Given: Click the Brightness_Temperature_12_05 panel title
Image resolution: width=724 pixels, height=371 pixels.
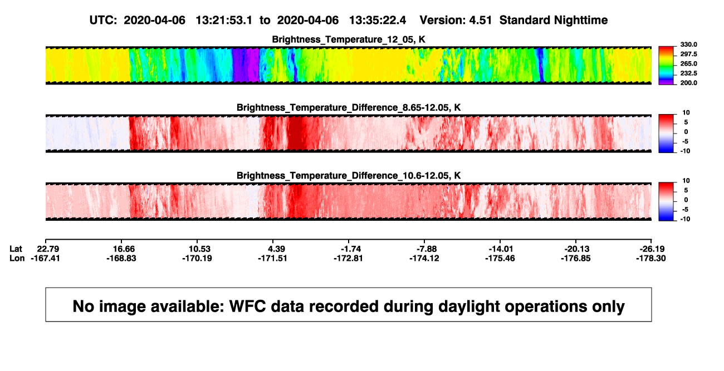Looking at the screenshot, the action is pos(349,39).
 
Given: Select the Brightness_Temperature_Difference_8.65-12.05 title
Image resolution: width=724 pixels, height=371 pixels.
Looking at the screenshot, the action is pos(349,107).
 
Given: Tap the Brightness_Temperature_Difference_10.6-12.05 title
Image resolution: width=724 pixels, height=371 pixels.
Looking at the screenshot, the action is pos(349,176).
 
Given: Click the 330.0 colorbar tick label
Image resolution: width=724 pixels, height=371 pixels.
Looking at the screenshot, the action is pos(688,44).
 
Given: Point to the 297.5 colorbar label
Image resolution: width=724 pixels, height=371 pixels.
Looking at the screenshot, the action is pos(688,54).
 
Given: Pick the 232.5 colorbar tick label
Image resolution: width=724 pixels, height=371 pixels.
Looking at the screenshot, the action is pos(688,73).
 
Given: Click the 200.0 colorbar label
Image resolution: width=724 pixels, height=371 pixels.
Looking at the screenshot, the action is pos(688,83).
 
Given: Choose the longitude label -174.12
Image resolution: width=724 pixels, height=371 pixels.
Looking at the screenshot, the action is pos(424,258).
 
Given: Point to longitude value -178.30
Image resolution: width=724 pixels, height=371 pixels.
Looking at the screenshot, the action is pos(651,258).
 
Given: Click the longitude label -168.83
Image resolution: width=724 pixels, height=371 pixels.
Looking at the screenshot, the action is pos(121,258).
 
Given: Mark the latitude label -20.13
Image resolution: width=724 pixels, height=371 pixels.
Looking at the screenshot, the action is pos(577,249).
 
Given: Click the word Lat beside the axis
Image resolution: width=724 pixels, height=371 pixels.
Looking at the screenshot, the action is pos(16,249).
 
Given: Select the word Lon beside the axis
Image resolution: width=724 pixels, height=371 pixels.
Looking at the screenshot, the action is pos(17,258).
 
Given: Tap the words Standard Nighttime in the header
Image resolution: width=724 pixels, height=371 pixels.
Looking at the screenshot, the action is pos(554,20).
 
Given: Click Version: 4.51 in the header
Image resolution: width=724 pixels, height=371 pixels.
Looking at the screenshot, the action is pos(456,20).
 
